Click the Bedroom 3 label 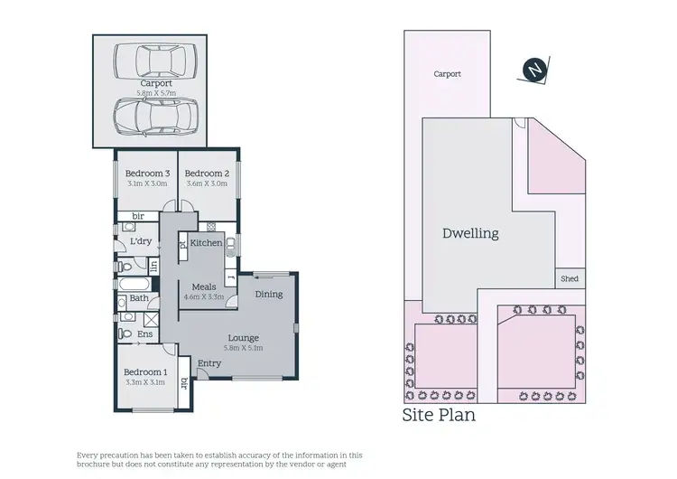(x=147, y=174)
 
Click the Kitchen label (x=206, y=243)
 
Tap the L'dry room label (x=141, y=242)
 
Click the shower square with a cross (x=152, y=318)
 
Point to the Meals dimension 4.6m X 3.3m (x=204, y=296)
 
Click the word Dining (x=268, y=295)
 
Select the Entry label (x=209, y=363)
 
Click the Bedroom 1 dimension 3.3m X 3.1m (x=144, y=383)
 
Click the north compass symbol (x=535, y=70)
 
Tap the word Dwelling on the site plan (x=470, y=233)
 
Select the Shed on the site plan (x=569, y=279)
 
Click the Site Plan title (x=439, y=417)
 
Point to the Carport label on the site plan (x=447, y=74)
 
